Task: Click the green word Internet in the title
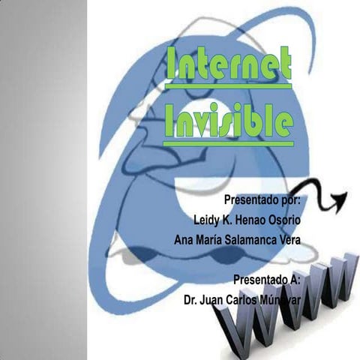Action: click(228, 68)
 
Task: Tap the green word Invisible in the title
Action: click(228, 119)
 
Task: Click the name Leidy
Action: click(208, 220)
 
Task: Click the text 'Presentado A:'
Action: click(267, 279)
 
